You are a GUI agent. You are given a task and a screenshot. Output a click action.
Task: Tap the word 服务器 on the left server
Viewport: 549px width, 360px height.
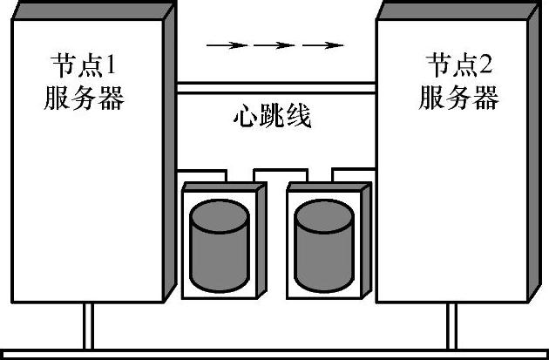[84, 98]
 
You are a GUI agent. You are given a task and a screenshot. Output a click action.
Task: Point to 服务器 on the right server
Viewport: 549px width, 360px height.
[459, 98]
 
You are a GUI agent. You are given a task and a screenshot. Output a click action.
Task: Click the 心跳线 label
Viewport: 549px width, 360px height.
[273, 117]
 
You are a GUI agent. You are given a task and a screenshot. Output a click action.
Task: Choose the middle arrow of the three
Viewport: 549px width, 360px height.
[274, 44]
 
